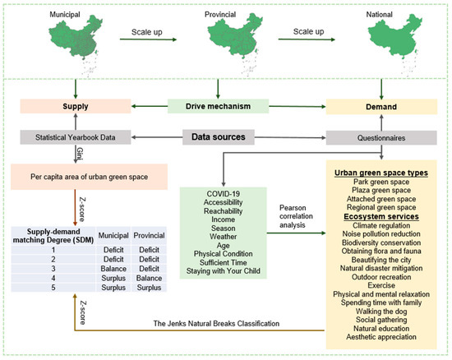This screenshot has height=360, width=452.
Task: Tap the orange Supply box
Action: tap(76, 106)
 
